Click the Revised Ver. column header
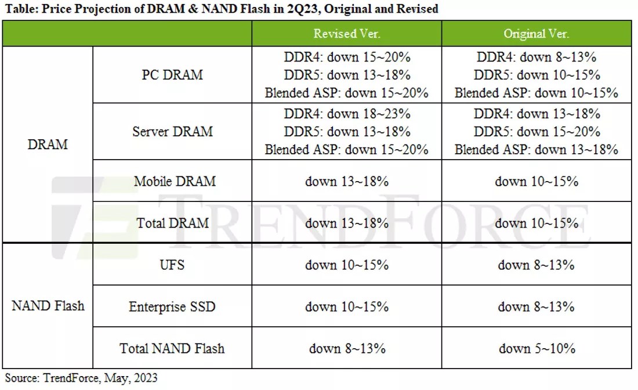347,34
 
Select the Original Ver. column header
536,34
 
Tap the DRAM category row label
48,145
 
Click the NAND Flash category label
48,306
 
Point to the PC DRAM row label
172,75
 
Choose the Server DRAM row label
172,131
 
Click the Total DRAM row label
172,223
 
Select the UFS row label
172,265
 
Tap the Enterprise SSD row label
172,306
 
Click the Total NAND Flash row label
172,348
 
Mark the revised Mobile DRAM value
347,181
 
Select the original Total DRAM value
536,223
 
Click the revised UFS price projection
347,265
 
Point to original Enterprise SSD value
536,306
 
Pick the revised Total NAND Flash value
347,348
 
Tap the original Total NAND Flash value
536,348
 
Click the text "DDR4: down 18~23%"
347,114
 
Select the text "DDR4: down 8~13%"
536,57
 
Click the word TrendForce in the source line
72,378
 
